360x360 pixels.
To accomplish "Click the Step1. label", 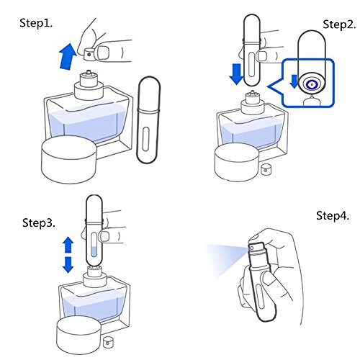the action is pyautogui.click(x=36, y=23).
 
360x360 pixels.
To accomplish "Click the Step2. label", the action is pyautogui.click(x=339, y=24).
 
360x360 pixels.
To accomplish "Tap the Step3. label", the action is pyautogui.click(x=39, y=223).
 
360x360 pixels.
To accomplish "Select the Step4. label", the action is pyautogui.click(x=333, y=215).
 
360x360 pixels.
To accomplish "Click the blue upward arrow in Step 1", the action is pyautogui.click(x=68, y=57).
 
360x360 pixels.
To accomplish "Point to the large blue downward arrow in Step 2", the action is pyautogui.click(x=237, y=74).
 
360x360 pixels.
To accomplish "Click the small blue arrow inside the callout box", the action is pyautogui.click(x=294, y=81).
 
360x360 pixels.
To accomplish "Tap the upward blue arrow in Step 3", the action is pyautogui.click(x=68, y=245).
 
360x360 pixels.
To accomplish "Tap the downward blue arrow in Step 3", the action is pyautogui.click(x=68, y=265).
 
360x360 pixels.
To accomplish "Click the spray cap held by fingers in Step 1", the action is pyautogui.click(x=89, y=54).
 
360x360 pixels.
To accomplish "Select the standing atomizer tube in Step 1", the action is pyautogui.click(x=148, y=120).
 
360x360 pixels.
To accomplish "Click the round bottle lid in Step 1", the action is pyautogui.click(x=69, y=160).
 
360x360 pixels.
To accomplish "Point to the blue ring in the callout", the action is pyautogui.click(x=311, y=84).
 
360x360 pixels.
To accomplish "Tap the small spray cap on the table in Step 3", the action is pyautogui.click(x=108, y=343).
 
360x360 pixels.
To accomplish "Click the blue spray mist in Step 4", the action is pyautogui.click(x=227, y=258).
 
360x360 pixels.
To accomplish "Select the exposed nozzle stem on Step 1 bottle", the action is pyautogui.click(x=89, y=72).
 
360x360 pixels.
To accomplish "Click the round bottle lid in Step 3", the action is pyautogui.click(x=79, y=336).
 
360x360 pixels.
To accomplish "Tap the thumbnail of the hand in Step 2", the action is pyautogui.click(x=262, y=56).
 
